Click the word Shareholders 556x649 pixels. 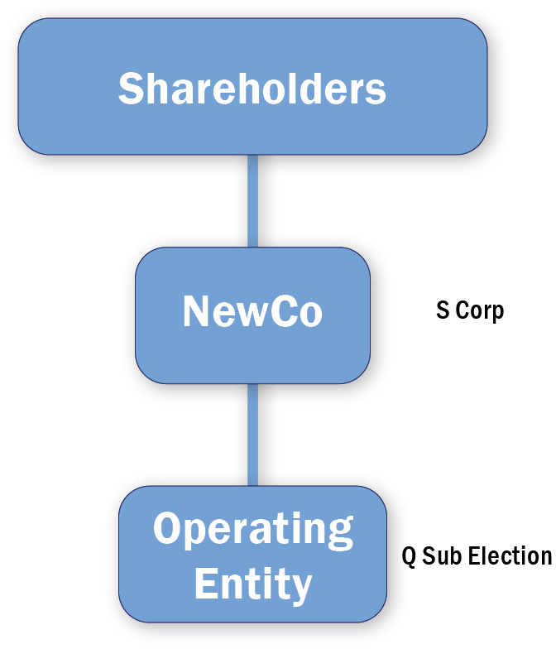[252, 88]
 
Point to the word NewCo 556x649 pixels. [252, 312]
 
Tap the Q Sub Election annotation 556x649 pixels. [477, 555]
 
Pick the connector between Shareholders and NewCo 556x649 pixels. [252, 200]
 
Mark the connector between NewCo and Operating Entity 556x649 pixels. [252, 435]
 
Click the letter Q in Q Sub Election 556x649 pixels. [409, 555]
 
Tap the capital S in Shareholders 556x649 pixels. [132, 88]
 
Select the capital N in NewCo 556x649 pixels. [197, 312]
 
